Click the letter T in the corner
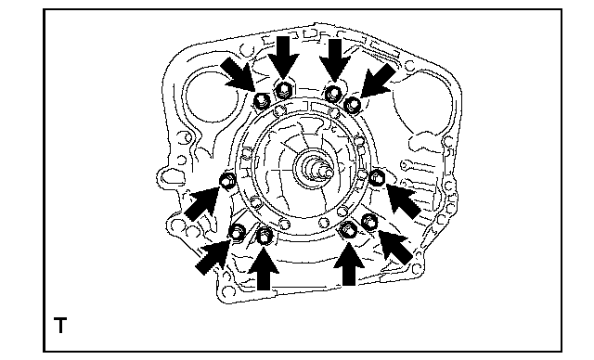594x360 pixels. [x=60, y=325]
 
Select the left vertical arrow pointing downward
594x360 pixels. [x=283, y=57]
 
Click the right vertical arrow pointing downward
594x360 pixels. [x=334, y=59]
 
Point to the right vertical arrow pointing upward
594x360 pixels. [x=349, y=264]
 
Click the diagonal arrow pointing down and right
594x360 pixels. [x=239, y=74]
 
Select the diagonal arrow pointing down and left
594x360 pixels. [x=378, y=81]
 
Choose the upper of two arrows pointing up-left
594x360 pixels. [x=403, y=201]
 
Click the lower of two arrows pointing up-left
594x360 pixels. [x=395, y=247]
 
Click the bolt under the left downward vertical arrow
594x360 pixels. [x=283, y=90]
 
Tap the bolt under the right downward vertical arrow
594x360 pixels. [x=333, y=93]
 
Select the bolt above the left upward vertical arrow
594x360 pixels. [x=264, y=236]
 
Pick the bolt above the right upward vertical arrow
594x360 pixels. [x=348, y=229]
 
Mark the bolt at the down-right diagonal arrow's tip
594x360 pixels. [x=262, y=101]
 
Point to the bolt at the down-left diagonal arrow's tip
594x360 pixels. [x=354, y=104]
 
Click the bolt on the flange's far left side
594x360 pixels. [x=227, y=181]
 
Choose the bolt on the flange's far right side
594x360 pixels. [x=377, y=177]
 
